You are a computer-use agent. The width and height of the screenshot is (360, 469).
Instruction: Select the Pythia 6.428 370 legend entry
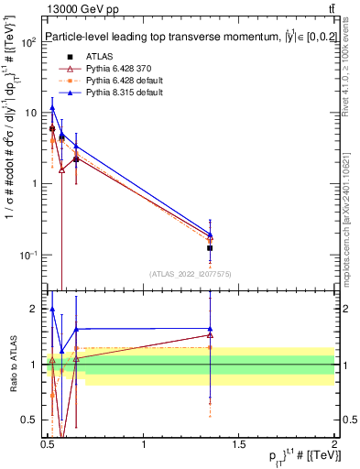tap(108, 68)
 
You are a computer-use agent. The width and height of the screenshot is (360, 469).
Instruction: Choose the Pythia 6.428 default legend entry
tap(111, 81)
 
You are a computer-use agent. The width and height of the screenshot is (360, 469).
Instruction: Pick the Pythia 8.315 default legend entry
tap(111, 93)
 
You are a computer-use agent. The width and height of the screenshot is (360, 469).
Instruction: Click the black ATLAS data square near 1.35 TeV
tap(211, 248)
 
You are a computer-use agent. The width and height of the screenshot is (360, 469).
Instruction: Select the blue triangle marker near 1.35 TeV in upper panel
tap(211, 234)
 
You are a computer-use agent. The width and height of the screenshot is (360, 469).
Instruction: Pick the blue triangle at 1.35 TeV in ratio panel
tap(211, 328)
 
